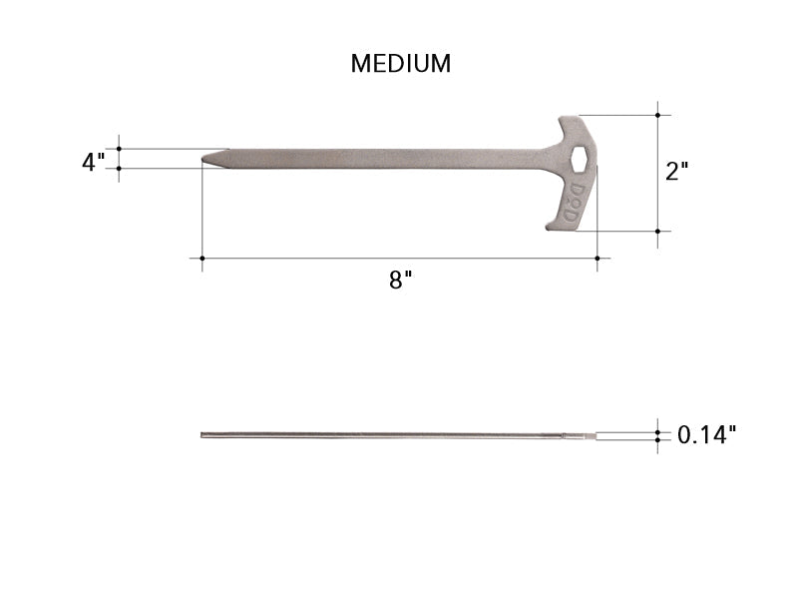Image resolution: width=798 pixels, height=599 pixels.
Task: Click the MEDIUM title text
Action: pyautogui.click(x=400, y=63)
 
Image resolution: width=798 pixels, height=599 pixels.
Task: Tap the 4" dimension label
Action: pyautogui.click(x=93, y=161)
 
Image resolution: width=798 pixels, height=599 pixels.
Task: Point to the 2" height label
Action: pyautogui.click(x=677, y=171)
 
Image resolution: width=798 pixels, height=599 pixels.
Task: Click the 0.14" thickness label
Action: pyautogui.click(x=707, y=434)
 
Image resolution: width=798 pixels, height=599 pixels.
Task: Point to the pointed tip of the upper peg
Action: pyautogui.click(x=205, y=159)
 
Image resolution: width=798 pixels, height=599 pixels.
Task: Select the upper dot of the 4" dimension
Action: pyautogui.click(x=120, y=149)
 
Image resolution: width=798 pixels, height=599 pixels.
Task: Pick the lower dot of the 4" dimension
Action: pyautogui.click(x=120, y=169)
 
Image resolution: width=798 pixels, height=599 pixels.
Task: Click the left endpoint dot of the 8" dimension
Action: pyautogui.click(x=202, y=259)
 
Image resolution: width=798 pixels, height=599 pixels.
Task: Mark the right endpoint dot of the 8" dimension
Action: pyautogui.click(x=597, y=259)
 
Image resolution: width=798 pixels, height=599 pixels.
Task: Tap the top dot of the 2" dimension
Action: pyautogui.click(x=657, y=115)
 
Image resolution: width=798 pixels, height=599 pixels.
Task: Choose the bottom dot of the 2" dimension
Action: pyautogui.click(x=657, y=232)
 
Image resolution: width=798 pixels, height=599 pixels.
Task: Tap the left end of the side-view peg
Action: pyautogui.click(x=202, y=434)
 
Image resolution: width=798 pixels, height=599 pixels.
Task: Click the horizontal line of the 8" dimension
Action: pyautogui.click(x=399, y=259)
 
